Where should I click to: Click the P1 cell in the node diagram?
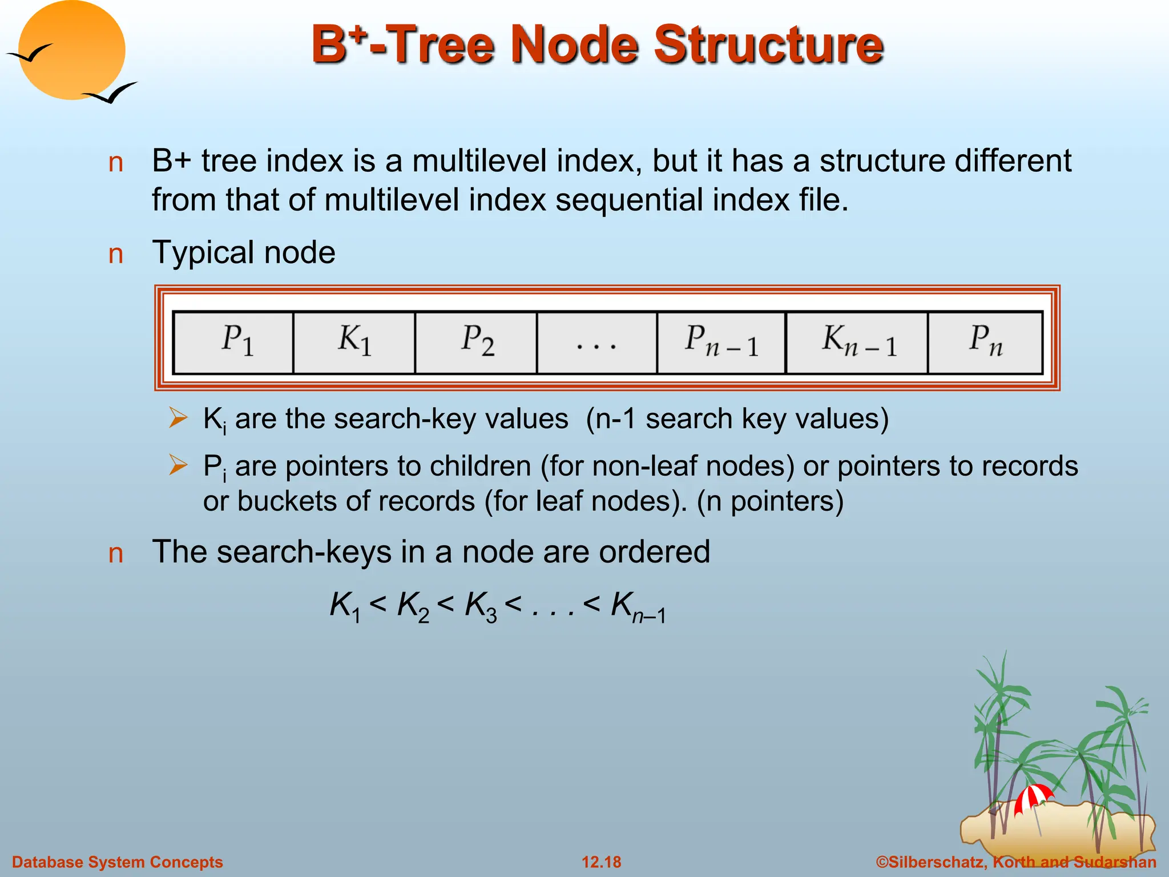233,343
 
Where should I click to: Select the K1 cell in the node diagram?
354,343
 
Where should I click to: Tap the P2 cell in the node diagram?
476,343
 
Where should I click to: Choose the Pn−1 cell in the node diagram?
721,343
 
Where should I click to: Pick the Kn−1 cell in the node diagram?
857,343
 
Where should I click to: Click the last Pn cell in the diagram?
985,343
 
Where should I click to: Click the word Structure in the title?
768,46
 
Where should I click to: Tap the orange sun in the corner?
71,50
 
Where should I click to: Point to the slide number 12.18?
601,862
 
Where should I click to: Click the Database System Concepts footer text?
118,862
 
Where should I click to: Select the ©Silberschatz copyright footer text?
1015,862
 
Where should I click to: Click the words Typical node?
244,252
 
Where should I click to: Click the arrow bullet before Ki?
178,419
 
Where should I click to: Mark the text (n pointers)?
770,502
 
